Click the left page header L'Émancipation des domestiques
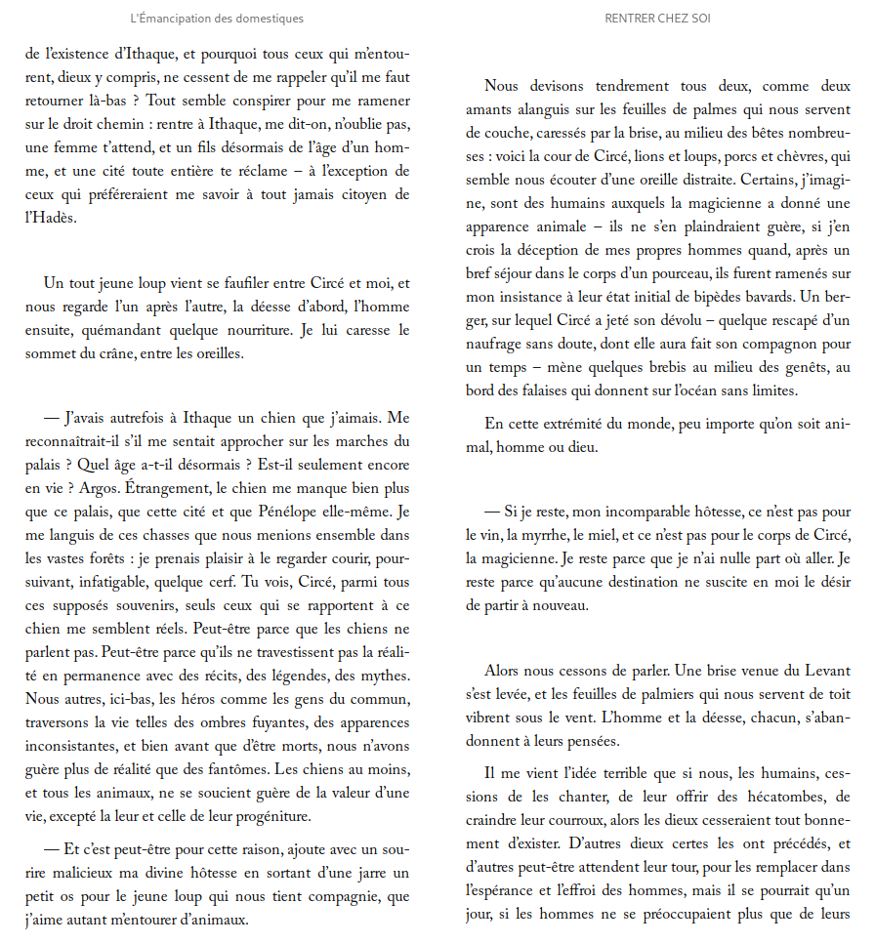[217, 19]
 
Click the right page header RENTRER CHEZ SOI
[657, 19]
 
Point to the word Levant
[826, 671]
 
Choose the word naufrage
[498, 345]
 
